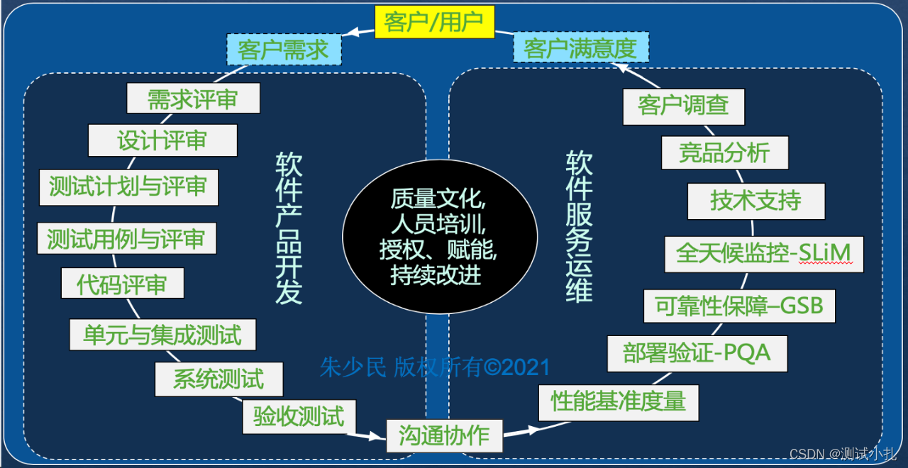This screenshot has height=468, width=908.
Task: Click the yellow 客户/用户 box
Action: tap(433, 22)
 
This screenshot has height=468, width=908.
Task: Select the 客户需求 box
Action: tap(284, 50)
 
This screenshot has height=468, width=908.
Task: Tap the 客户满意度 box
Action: tap(580, 49)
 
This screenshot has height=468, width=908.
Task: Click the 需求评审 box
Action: tap(193, 99)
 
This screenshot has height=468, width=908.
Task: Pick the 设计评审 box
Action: tap(162, 140)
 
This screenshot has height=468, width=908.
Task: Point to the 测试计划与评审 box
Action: tap(128, 186)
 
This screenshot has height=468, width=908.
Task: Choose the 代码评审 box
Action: tap(123, 284)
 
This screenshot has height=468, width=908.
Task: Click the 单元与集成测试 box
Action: tap(162, 334)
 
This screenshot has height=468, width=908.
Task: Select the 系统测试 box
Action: tap(218, 379)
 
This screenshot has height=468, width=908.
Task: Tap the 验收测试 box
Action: tap(299, 416)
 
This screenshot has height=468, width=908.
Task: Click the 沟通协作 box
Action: tap(444, 435)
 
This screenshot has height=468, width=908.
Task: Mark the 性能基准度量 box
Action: tap(619, 402)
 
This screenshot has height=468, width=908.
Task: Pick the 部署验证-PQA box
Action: tap(697, 353)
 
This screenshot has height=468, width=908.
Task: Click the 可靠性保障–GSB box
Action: tap(739, 306)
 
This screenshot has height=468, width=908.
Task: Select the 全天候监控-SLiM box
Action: tap(764, 254)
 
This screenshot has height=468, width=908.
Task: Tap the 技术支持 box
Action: tap(756, 201)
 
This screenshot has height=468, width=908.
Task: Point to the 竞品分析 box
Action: tap(724, 152)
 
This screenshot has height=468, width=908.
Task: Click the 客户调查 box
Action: tap(684, 106)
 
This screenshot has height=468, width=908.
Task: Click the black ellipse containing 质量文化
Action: tap(440, 237)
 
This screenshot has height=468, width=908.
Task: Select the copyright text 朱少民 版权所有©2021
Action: tap(435, 367)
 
